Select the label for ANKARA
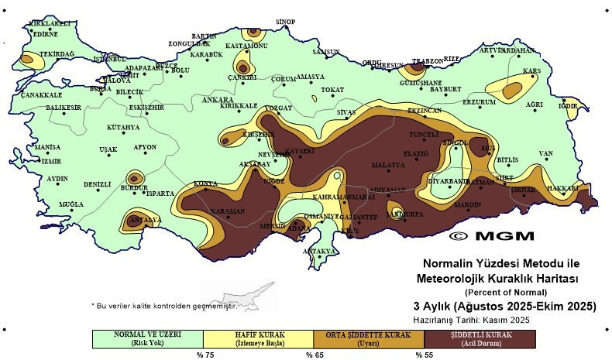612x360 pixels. [217, 101]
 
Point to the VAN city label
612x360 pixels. [546, 153]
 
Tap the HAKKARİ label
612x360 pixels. [563, 188]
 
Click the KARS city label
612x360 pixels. [531, 71]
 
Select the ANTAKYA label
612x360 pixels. [319, 252]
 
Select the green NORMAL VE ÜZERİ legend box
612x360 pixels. [147, 338]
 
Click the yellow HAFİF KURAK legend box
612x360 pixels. [259, 338]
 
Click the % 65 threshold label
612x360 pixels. [314, 355]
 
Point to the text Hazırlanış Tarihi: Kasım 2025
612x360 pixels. [476, 319]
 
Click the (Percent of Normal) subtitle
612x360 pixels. [505, 293]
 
